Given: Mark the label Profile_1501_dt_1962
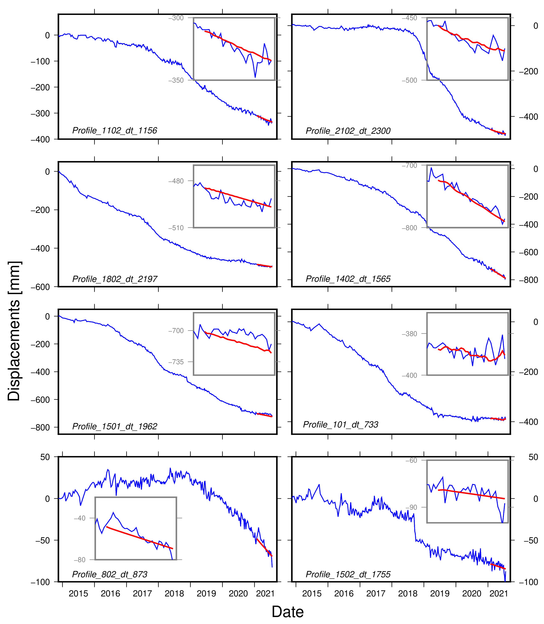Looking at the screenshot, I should click(x=115, y=426).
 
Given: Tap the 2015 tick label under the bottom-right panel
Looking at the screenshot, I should click(x=312, y=594).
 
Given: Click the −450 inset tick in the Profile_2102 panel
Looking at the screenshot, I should click(x=410, y=18).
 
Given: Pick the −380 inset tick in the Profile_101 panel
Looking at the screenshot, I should click(x=410, y=334).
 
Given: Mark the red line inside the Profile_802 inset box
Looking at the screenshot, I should click(x=140, y=538).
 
